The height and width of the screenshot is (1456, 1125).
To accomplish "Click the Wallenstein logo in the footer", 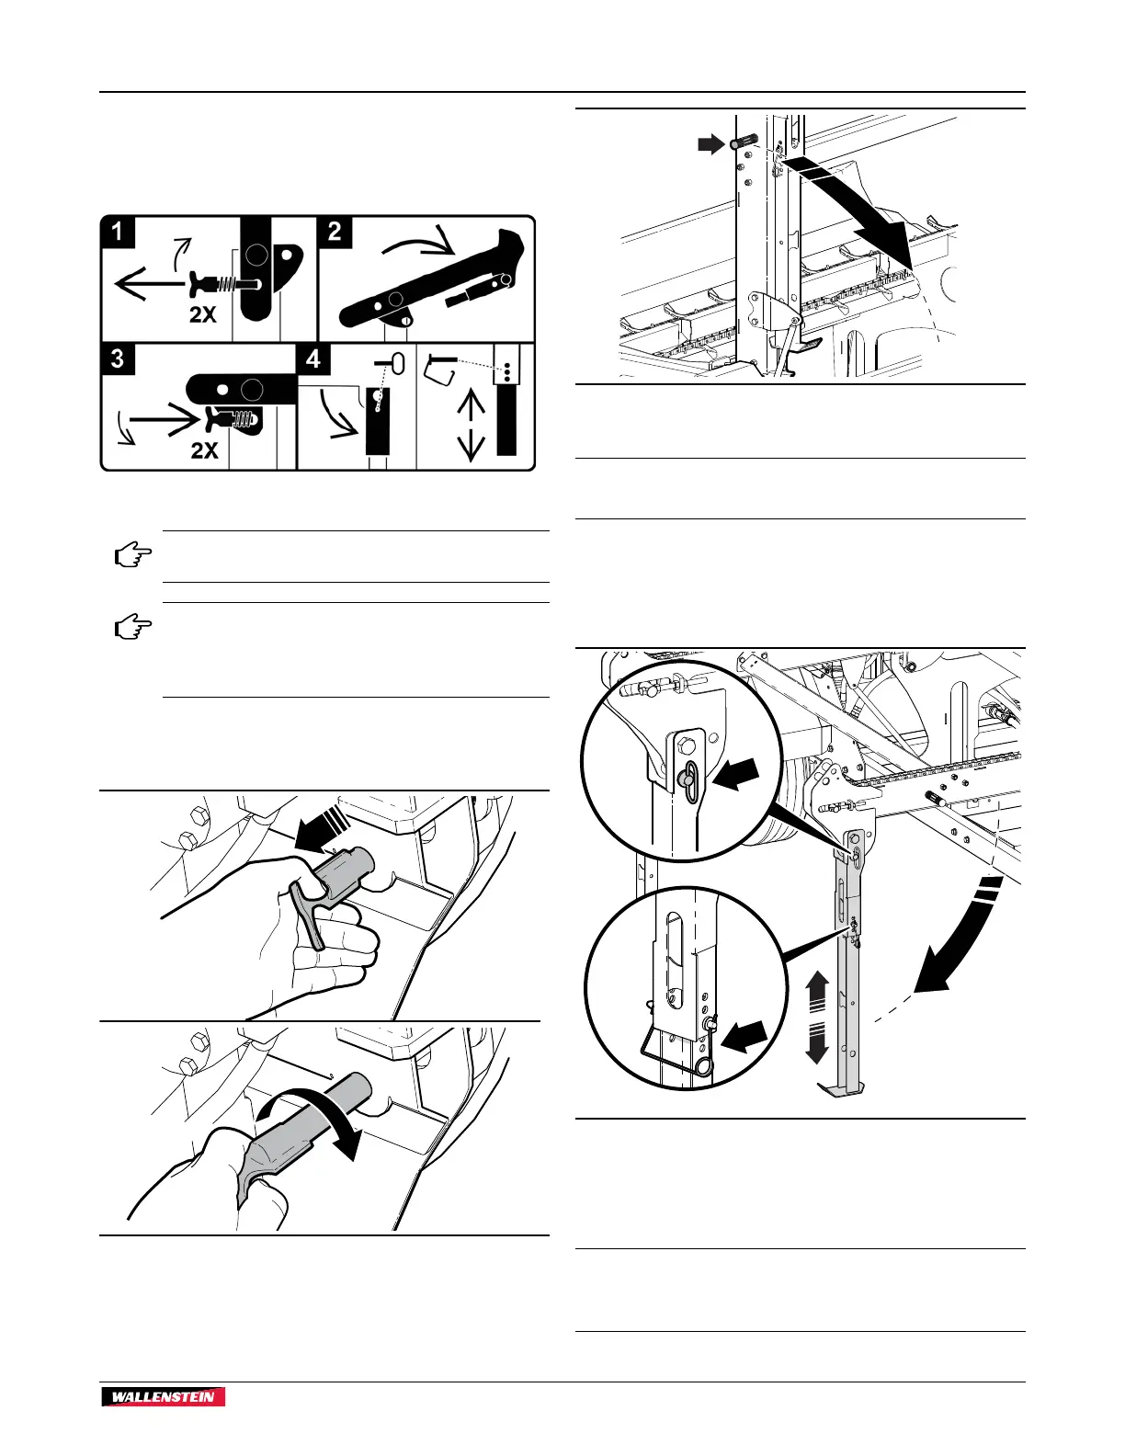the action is point(164,1397).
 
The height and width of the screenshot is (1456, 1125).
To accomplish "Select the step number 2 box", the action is point(335,232).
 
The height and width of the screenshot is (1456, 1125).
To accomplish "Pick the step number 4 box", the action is point(314,358).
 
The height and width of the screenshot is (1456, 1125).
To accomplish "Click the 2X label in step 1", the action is point(203,314).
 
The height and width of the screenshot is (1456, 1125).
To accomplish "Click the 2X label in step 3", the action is point(204,450).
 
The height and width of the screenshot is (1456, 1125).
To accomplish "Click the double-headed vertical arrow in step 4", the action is point(472,424).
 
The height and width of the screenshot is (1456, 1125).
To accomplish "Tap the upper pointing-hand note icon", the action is point(132,556).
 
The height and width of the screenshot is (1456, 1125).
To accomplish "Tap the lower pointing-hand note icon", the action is point(132,629).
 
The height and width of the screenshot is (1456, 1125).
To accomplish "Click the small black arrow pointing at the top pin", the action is point(710,143).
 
